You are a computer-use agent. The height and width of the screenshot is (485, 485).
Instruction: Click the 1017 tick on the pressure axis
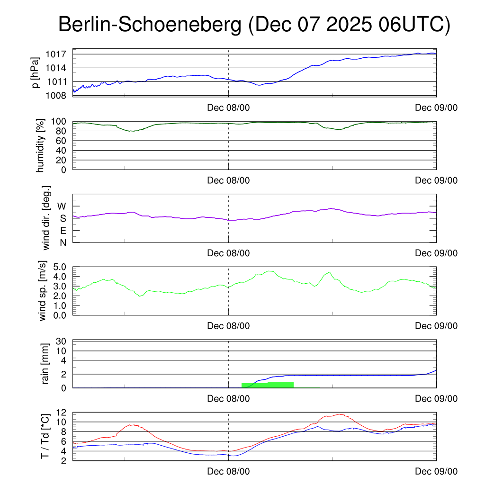(55, 54)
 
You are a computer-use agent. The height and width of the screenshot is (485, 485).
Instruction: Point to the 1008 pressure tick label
(55, 96)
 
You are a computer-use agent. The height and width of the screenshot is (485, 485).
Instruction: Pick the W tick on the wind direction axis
(62, 207)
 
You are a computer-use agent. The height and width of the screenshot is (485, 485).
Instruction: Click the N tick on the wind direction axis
(63, 242)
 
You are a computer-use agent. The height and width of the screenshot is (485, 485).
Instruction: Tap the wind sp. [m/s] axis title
(44, 291)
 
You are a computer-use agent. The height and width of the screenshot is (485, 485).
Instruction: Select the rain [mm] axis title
(45, 364)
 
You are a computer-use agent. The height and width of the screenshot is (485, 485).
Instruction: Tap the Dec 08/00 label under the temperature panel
(228, 471)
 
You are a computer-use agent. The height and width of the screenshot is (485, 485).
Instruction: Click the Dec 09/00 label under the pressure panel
(436, 108)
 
